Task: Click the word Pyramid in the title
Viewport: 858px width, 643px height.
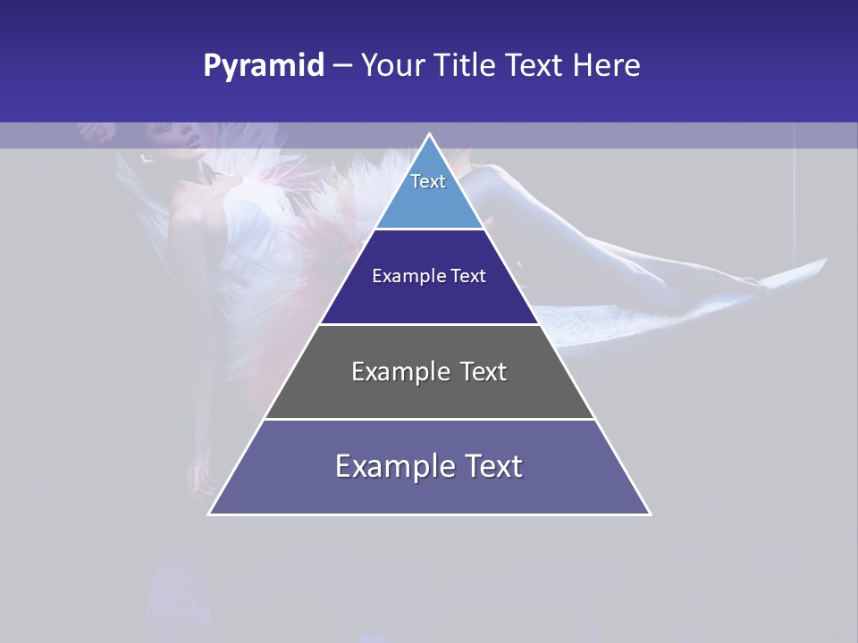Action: [x=263, y=66]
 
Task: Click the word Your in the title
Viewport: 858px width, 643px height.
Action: [x=391, y=66]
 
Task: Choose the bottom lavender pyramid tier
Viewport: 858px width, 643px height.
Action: [x=429, y=491]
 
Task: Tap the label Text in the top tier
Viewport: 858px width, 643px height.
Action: [x=428, y=181]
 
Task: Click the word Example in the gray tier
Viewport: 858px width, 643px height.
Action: [x=393, y=372]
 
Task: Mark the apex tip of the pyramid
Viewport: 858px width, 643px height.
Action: [x=429, y=135]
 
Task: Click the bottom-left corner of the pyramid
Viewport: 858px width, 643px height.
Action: [x=210, y=514]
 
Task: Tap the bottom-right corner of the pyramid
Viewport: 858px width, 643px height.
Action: [x=649, y=514]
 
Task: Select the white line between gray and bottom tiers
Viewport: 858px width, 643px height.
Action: [x=429, y=419]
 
